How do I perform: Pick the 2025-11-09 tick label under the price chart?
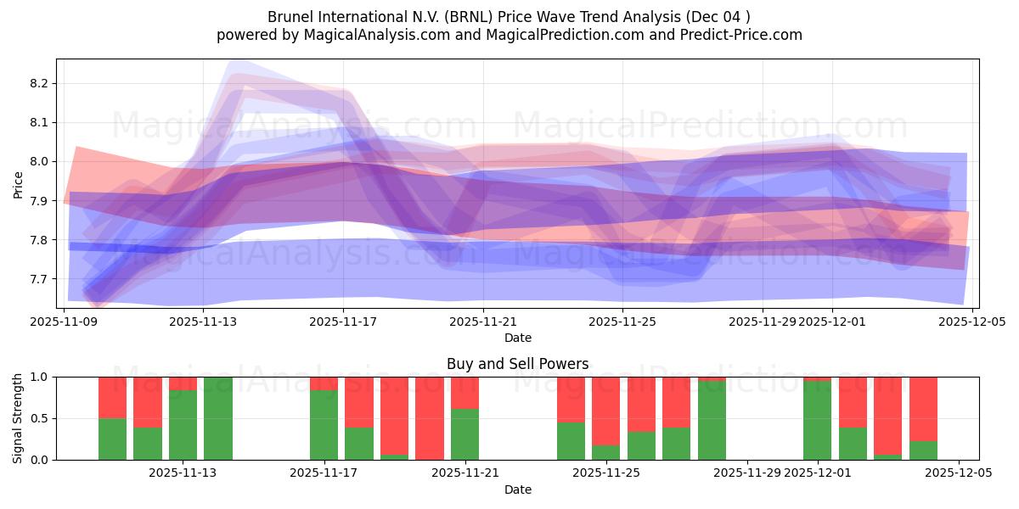pos(65,322)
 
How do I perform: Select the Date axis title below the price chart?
pos(517,338)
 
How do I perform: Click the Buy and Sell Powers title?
pos(517,364)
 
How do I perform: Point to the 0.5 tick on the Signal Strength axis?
pos(41,418)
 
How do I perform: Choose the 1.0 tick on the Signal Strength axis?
pos(41,377)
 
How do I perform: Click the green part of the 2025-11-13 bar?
pos(183,425)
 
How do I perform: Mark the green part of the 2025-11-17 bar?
pos(324,425)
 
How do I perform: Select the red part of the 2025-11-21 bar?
pos(464,393)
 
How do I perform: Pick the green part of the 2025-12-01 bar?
pos(817,421)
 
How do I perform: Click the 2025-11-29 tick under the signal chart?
pos(747,473)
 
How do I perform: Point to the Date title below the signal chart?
pos(517,489)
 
